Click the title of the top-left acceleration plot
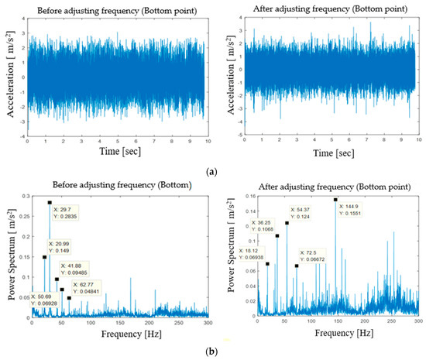click(x=115, y=9)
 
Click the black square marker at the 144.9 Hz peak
click(x=335, y=199)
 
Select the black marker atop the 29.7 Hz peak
click(x=50, y=203)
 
